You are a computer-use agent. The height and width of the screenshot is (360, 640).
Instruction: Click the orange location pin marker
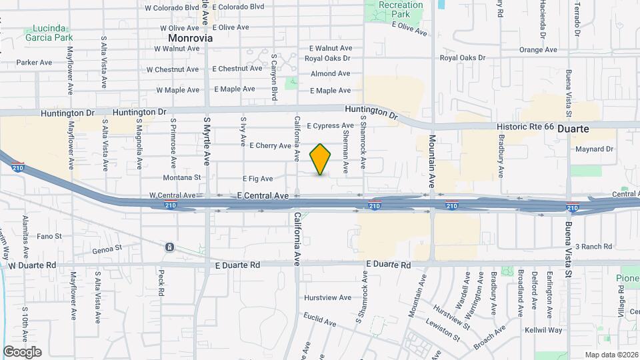coord(321,159)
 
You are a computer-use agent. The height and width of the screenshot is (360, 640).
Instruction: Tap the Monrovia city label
coord(191,39)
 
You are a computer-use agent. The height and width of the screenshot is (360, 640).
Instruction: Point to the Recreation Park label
coord(400,9)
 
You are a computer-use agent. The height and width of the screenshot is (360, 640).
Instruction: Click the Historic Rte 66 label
coord(525,127)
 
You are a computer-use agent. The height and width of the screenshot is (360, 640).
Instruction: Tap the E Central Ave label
coord(262,195)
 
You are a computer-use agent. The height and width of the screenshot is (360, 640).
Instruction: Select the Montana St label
coord(182,178)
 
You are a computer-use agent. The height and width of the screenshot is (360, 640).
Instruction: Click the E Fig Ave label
coord(257,179)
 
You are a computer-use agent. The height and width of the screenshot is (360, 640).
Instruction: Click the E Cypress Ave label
coord(330,125)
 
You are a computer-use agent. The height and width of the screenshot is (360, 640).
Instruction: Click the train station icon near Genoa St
coord(170,247)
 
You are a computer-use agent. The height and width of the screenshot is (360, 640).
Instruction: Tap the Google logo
coord(22,352)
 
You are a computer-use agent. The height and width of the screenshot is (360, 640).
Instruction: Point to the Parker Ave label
coord(35,63)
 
